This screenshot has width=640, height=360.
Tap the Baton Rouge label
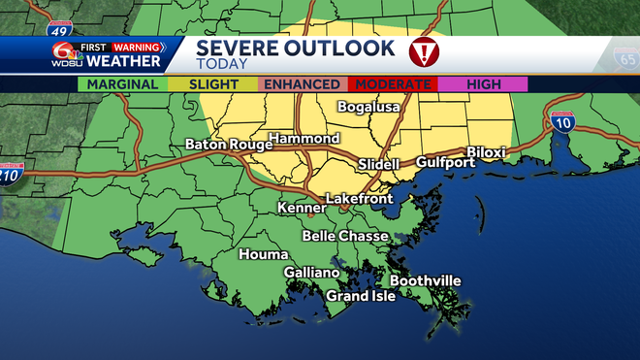pyautogui.click(x=225, y=146)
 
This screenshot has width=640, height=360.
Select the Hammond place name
pyautogui.click(x=304, y=139)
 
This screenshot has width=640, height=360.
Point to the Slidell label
pyautogui.click(x=379, y=164)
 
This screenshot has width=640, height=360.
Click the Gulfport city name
pyautogui.click(x=446, y=162)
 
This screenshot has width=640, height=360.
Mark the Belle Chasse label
pyautogui.click(x=345, y=236)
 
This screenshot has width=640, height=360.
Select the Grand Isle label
pyautogui.click(x=360, y=295)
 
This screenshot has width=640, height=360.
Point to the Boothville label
pyautogui.click(x=426, y=280)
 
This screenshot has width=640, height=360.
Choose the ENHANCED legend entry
pyautogui.click(x=303, y=84)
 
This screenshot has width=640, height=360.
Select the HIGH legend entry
pyautogui.click(x=483, y=84)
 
